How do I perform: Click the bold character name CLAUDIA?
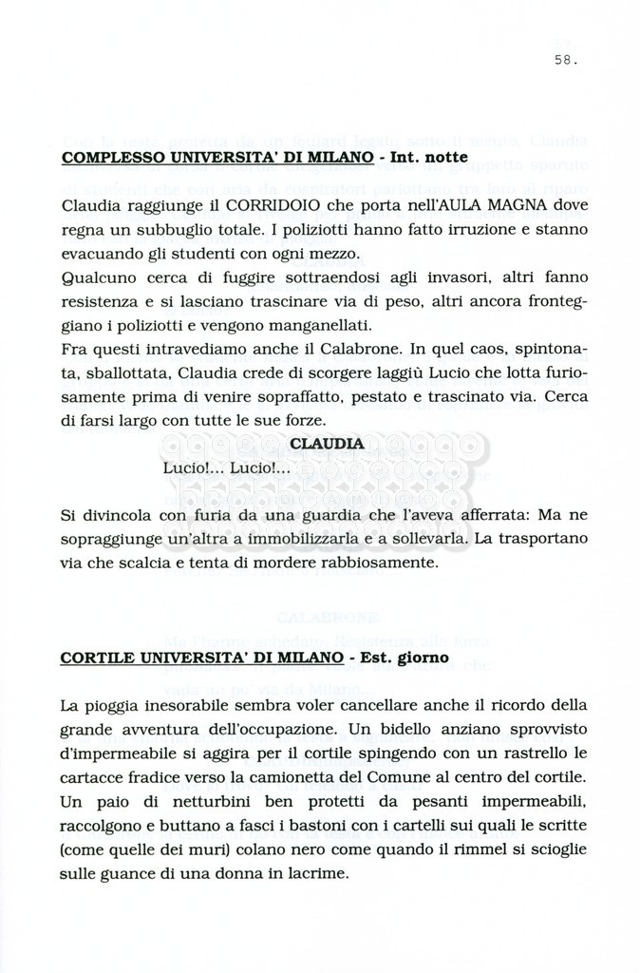[x=326, y=444]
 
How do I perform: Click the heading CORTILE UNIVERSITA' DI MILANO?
[x=201, y=657]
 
